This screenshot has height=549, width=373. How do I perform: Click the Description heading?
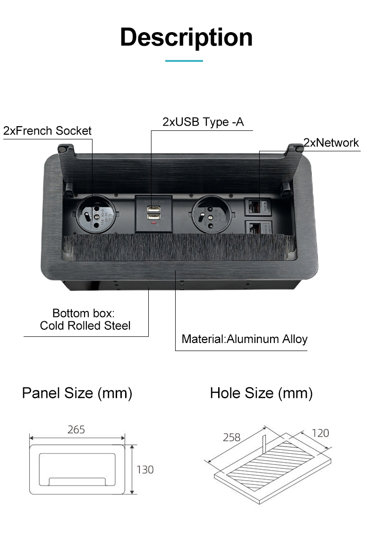coord(186,37)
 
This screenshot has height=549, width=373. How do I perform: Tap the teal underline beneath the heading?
coord(184,61)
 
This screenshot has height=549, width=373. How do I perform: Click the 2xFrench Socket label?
coord(47,130)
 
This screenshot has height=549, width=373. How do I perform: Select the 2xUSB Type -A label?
coord(203,122)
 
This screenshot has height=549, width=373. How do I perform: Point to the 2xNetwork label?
coord(331,143)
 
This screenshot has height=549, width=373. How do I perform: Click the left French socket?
coord(95,214)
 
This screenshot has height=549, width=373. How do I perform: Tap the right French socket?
coord(212,214)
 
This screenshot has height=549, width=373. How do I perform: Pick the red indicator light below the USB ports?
coord(153,223)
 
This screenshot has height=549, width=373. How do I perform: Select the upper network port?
coord(257,207)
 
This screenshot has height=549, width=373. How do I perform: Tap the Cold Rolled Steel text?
coord(85,326)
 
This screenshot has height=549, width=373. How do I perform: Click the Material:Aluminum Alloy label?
coord(244,339)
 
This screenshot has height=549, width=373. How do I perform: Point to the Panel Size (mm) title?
coord(77,393)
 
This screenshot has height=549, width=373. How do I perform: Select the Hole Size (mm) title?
coord(261,393)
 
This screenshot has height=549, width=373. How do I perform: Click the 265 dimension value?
coord(76,429)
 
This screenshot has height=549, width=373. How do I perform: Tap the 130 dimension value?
coord(145,470)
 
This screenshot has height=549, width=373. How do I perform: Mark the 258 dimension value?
coord(232,437)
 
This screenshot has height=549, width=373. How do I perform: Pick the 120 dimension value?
coord(321,433)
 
